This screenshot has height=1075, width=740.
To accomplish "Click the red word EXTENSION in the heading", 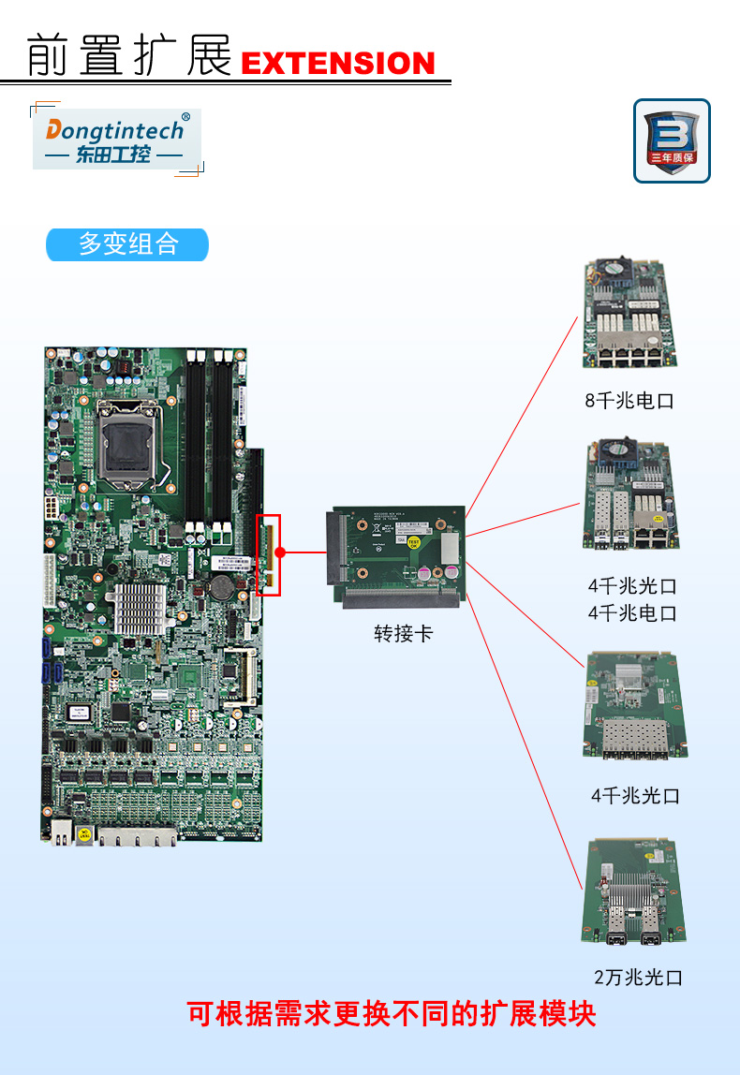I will point(338,64).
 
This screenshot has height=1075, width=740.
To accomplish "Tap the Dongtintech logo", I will point(116,139).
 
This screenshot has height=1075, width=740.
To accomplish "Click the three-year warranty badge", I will point(672,140).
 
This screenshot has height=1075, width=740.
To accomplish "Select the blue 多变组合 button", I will point(127,244).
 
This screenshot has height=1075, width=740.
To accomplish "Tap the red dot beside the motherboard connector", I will point(279,552).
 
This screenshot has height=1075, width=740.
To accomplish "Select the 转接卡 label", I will point(404,634).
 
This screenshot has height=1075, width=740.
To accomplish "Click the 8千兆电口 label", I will point(629,401).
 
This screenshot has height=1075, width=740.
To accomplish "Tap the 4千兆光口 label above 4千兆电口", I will point(632,586).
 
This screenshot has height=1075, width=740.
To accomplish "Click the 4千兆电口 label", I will point(632,613).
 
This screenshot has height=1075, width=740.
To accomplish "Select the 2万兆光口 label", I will point(638,978).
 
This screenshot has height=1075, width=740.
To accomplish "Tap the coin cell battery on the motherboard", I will point(222,586).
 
